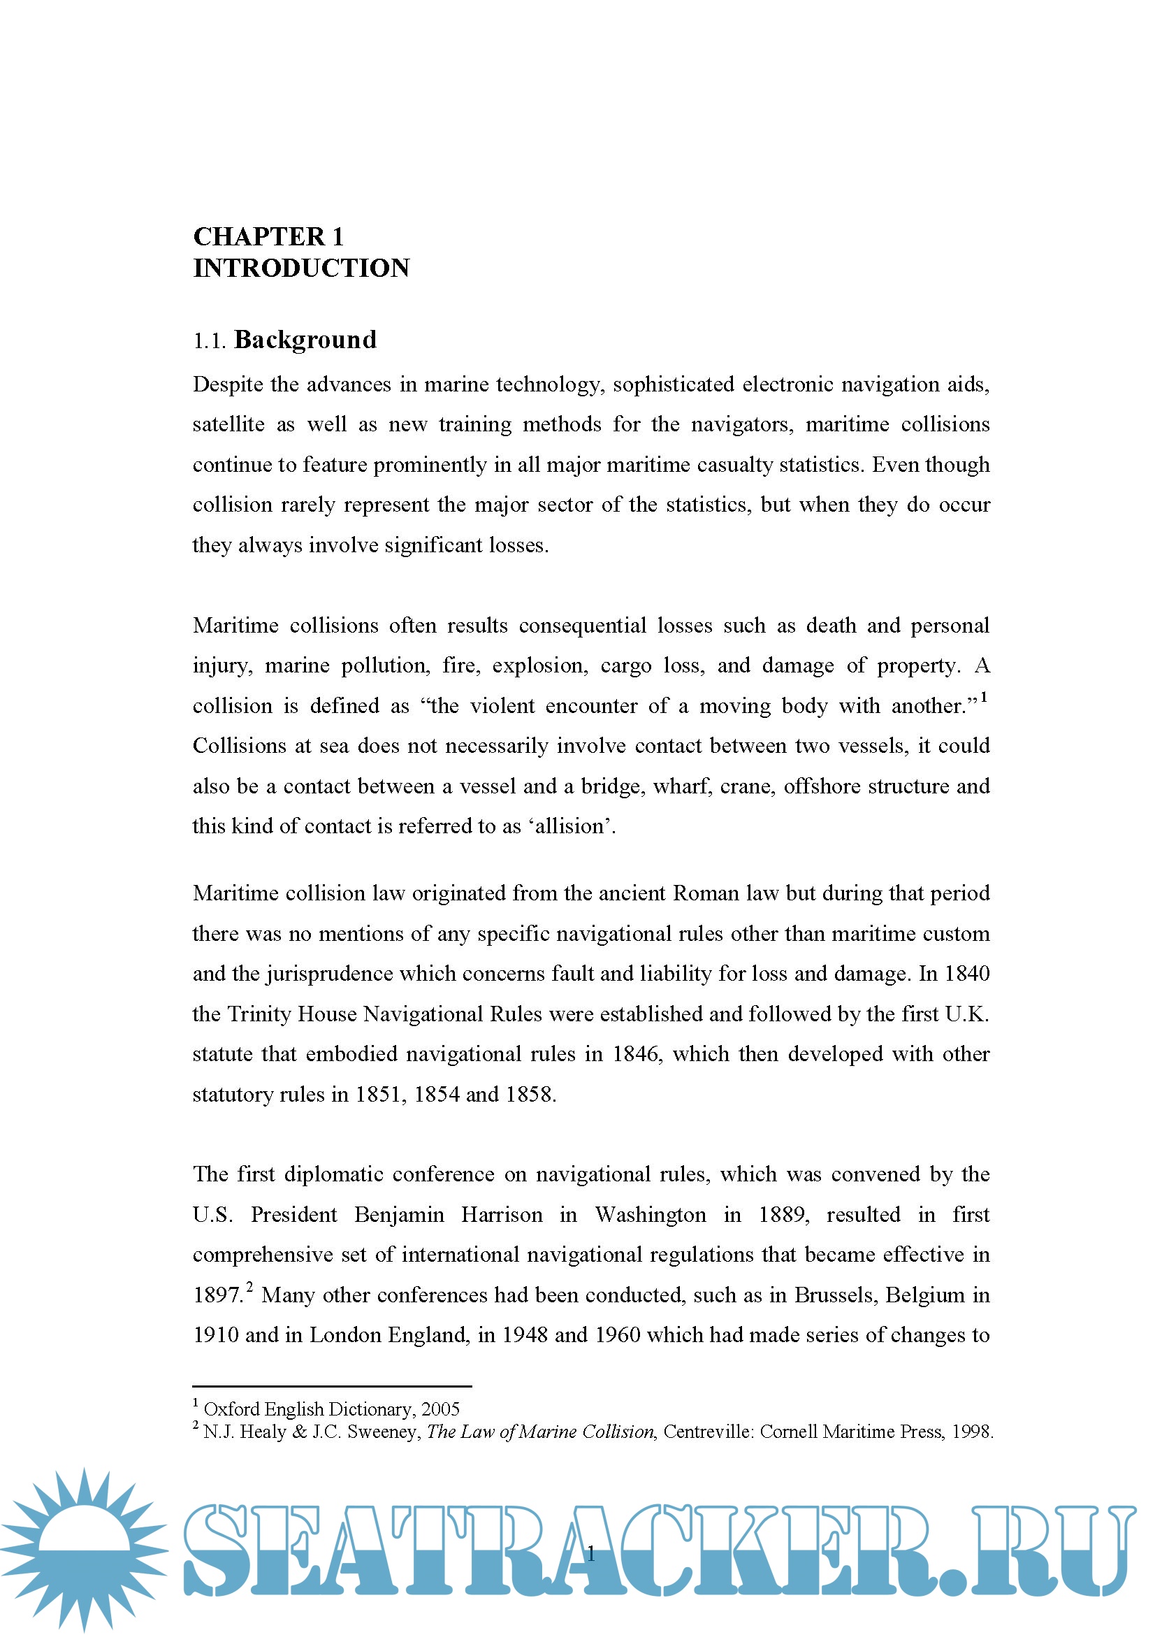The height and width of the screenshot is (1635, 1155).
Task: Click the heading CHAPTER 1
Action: (268, 236)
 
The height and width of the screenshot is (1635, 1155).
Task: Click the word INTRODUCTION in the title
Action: (301, 268)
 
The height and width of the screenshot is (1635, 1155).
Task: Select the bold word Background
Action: (305, 340)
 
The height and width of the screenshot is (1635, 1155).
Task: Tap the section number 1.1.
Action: (209, 341)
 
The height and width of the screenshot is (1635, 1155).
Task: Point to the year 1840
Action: (966, 974)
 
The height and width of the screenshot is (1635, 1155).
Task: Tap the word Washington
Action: (651, 1214)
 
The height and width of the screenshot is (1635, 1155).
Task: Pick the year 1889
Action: (783, 1214)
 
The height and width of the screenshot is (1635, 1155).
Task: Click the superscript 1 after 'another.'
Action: (984, 698)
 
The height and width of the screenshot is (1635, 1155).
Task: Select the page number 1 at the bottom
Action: (590, 1554)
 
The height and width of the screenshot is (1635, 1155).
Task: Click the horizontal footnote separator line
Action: (332, 1386)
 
